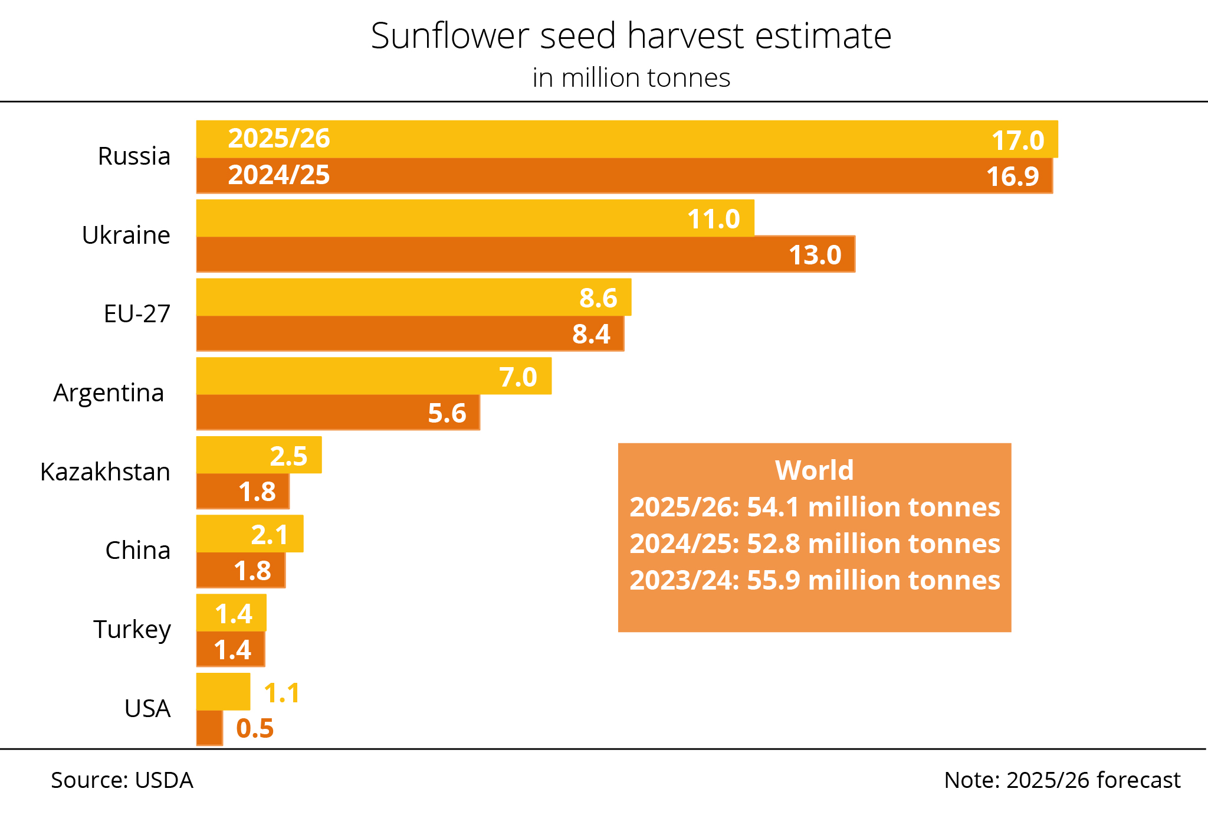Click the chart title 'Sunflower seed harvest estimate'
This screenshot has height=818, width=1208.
coord(631,36)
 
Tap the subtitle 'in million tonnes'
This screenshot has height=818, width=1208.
coord(631,78)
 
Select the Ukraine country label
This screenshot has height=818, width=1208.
coord(126,235)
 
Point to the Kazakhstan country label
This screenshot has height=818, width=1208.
coord(105,472)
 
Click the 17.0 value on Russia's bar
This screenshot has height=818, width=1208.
coord(1017,140)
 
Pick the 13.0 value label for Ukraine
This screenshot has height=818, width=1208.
coord(815,255)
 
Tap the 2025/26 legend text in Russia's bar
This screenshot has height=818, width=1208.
coord(279,139)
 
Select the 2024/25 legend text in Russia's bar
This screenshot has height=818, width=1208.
coord(279,175)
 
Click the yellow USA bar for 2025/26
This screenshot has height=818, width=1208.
coord(223,691)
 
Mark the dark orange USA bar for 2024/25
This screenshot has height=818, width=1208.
coord(209,728)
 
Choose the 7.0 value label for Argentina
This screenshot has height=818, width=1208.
coord(518,377)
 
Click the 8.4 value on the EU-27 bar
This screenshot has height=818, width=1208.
coord(591,334)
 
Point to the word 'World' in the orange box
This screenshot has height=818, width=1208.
coord(814,470)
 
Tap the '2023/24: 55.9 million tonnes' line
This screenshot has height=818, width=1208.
coord(815,580)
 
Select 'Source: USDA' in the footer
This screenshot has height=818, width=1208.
coord(122,780)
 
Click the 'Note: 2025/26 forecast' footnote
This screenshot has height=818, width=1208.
coord(1062,780)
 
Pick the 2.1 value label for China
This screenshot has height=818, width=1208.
coord(270,535)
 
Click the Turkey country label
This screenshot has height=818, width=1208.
coord(132,629)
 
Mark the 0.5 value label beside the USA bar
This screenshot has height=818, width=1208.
coord(255,728)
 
